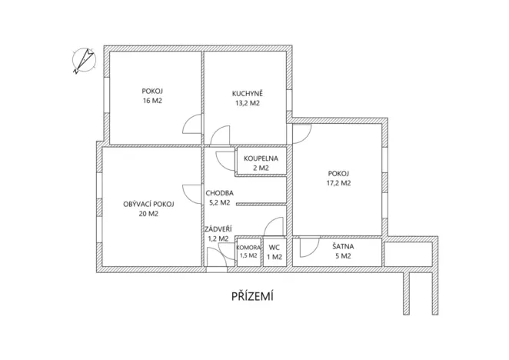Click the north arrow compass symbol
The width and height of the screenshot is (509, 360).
[x=82, y=61]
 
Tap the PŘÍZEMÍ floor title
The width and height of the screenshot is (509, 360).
[x=255, y=296]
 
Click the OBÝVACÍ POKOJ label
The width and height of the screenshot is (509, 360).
[x=149, y=204]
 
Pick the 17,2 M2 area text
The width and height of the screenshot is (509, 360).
[x=338, y=183]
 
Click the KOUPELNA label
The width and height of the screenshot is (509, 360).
[x=261, y=158]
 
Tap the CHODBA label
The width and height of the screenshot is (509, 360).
[x=219, y=193]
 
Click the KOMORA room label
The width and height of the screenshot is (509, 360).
[x=248, y=247]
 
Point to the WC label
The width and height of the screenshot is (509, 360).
[x=274, y=247]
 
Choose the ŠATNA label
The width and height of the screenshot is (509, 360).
[x=343, y=246]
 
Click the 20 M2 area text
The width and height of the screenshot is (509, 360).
[x=149, y=214]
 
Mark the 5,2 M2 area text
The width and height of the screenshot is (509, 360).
[x=219, y=203]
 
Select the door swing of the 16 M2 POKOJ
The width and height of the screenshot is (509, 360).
[x=193, y=124]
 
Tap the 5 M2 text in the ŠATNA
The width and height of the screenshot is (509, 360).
[x=343, y=255]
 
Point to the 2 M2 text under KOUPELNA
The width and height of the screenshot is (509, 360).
[x=261, y=168]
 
